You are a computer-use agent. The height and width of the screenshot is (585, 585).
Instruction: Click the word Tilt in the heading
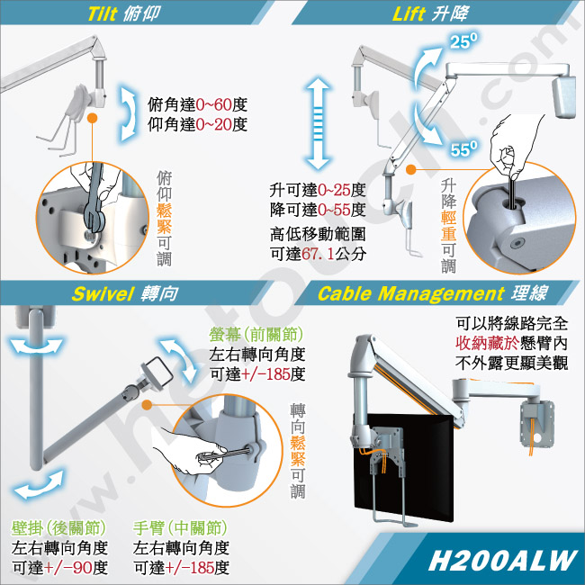click(103, 13)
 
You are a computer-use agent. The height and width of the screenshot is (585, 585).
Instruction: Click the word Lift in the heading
click(409, 13)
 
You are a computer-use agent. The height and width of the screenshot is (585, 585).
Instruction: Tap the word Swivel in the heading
click(103, 293)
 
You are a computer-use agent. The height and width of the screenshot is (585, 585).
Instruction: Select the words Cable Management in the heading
click(410, 294)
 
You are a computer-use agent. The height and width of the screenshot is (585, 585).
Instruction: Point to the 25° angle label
click(463, 41)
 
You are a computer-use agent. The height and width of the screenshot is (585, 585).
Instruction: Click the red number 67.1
click(318, 254)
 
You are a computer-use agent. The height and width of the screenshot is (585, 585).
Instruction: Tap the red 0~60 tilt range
click(214, 104)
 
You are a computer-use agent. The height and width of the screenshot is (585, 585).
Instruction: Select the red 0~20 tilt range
click(214, 124)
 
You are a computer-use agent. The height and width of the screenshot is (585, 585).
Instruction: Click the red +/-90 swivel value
click(67, 568)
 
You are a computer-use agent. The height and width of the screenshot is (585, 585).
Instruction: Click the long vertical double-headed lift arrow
click(318, 123)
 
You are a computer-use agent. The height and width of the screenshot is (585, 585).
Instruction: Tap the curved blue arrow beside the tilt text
click(128, 113)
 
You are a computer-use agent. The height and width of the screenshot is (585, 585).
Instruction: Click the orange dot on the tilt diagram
click(92, 118)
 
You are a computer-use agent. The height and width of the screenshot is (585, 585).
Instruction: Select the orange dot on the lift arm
click(410, 170)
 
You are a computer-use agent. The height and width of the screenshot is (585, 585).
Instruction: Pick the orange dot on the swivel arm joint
click(148, 405)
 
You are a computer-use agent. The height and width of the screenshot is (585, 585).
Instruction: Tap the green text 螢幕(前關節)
click(256, 334)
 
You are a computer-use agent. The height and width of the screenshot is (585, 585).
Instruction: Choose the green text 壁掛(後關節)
click(58, 528)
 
